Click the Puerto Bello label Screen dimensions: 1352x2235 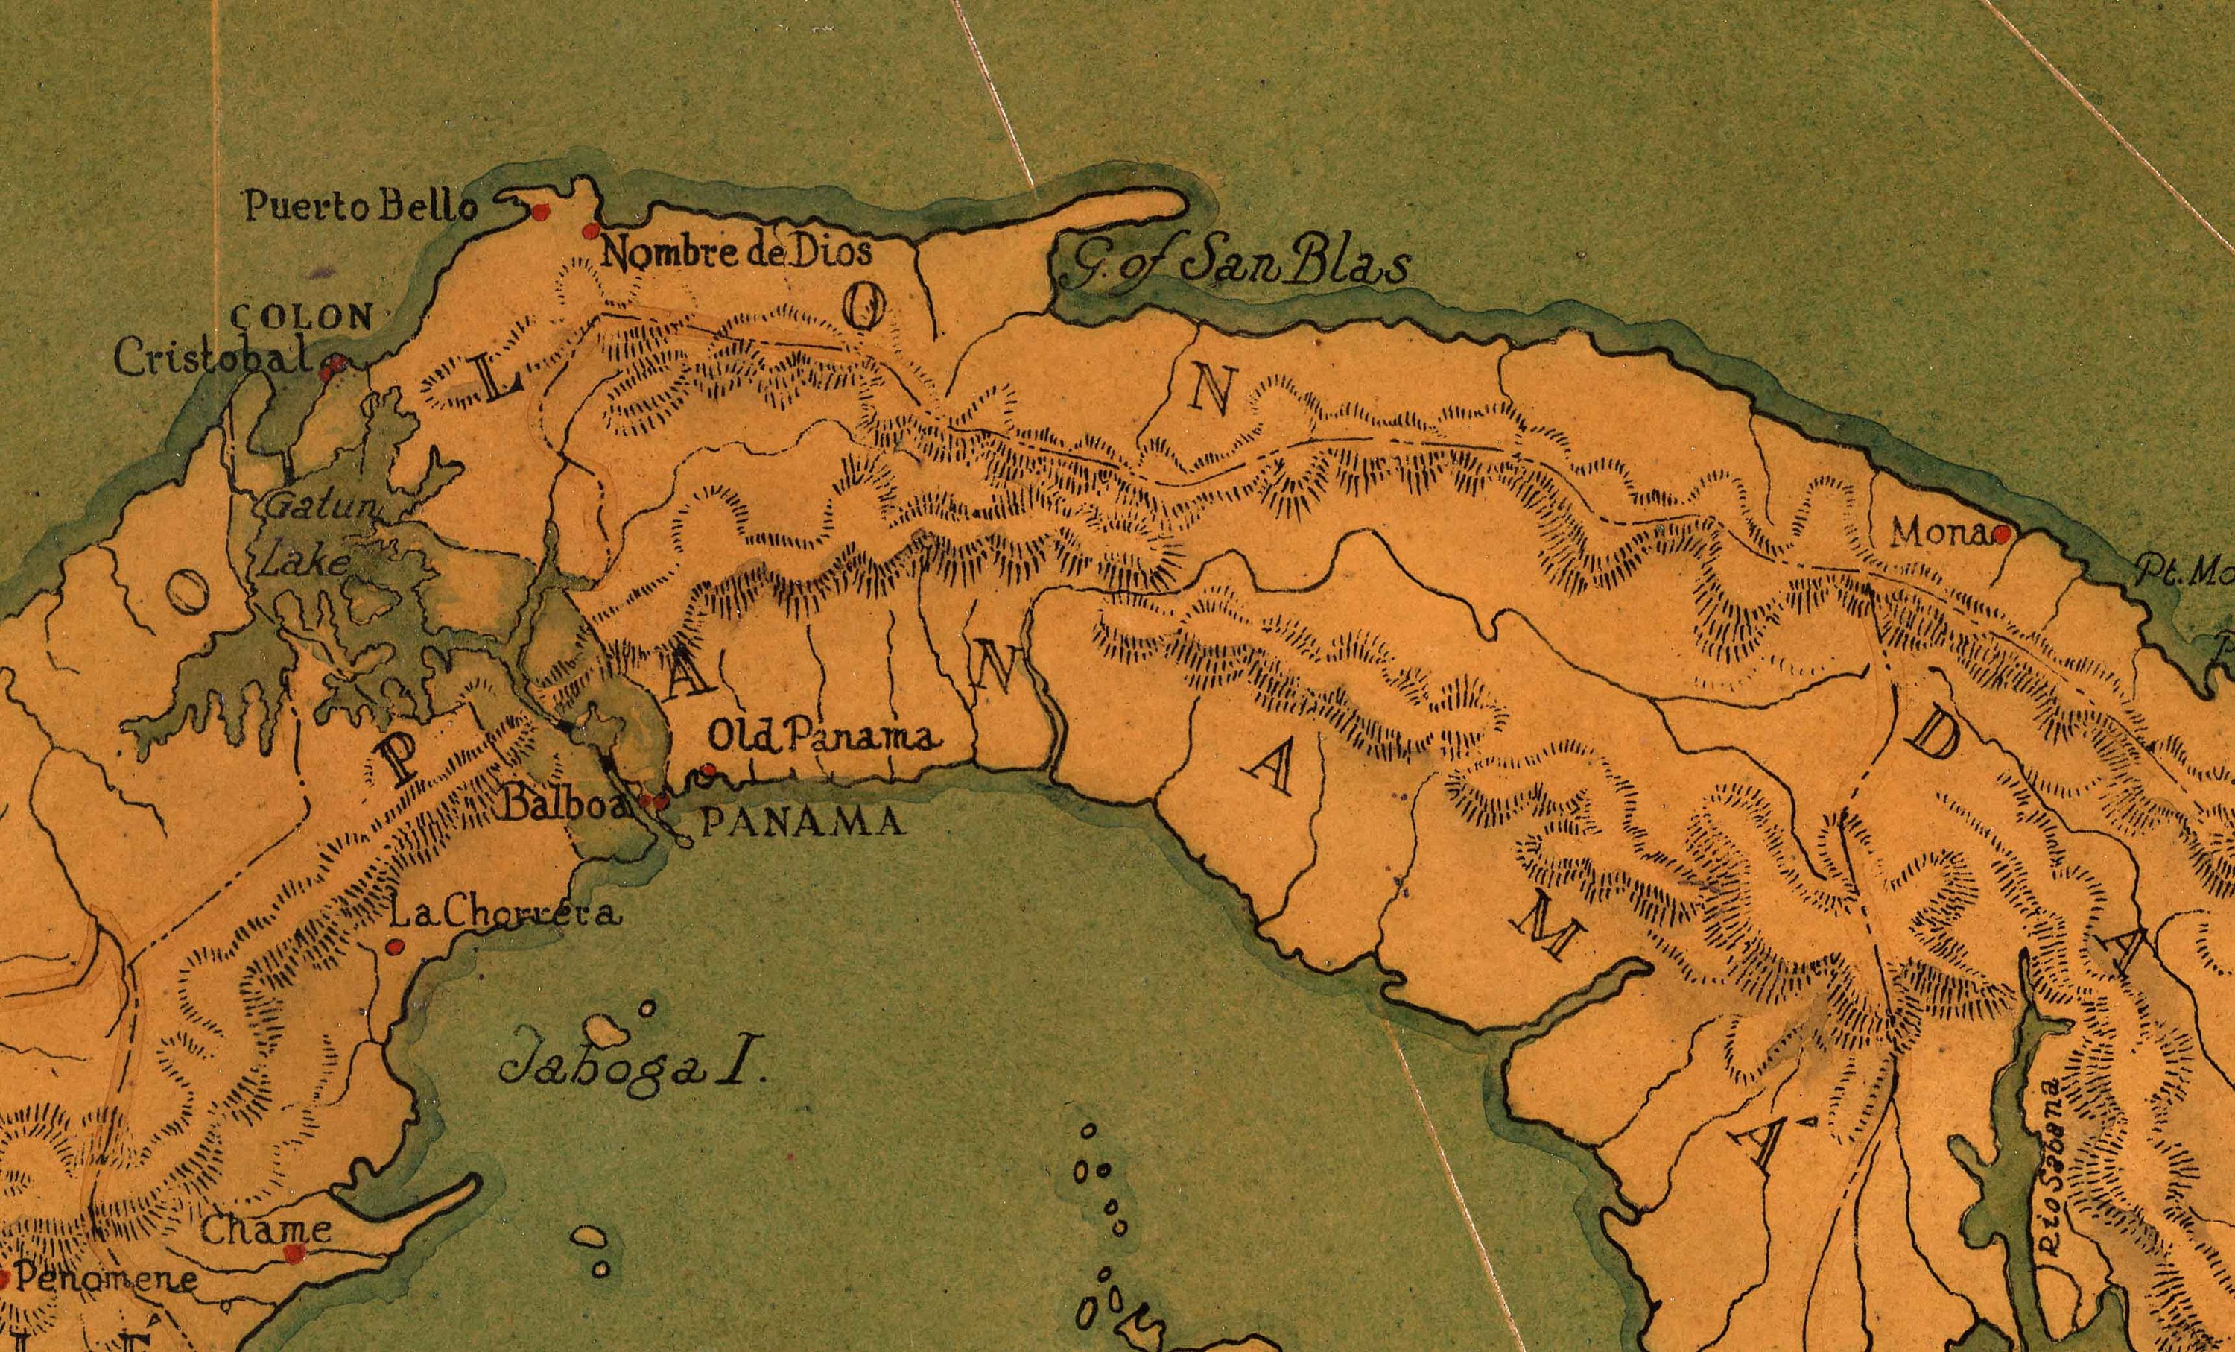click(x=360, y=208)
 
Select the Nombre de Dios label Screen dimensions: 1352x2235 click(x=735, y=250)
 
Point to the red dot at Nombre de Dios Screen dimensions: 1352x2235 click(x=592, y=230)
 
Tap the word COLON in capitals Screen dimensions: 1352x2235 click(x=302, y=317)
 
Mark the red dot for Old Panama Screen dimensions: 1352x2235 click(x=709, y=771)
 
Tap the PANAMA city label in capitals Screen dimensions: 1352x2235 click(x=803, y=822)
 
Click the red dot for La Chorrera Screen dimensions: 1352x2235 click(x=393, y=947)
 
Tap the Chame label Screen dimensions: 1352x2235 click(x=265, y=1231)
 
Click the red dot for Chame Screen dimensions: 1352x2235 click(x=292, y=1253)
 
